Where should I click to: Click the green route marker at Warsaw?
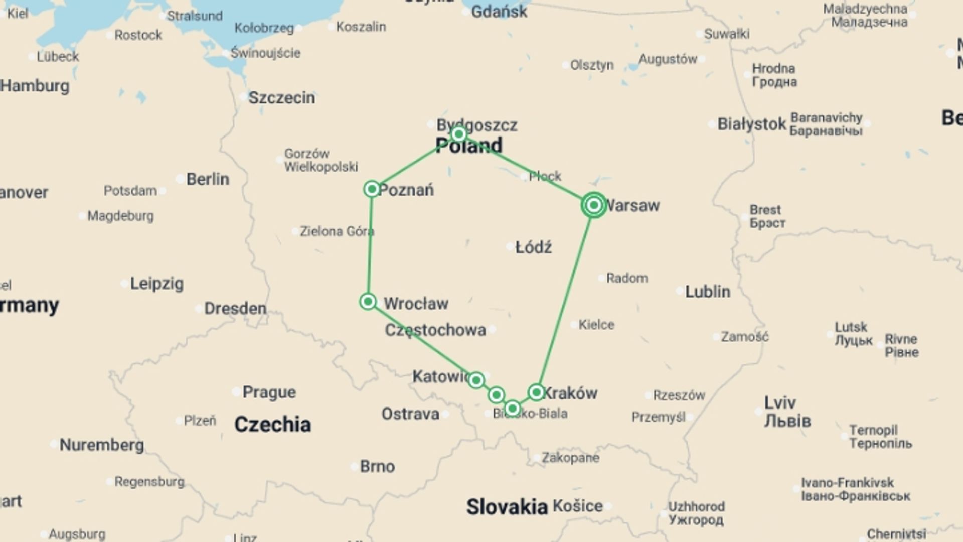click(594, 205)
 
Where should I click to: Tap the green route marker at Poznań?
click(372, 189)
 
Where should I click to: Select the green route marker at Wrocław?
click(368, 302)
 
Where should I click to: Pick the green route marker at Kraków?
click(536, 392)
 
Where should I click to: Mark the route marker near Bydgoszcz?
click(458, 134)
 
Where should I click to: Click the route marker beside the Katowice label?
click(476, 380)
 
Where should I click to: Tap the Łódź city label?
click(534, 247)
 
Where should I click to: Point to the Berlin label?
click(208, 179)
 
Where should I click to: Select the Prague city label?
click(269, 392)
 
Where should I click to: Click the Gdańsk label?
click(499, 11)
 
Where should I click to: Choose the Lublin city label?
click(707, 291)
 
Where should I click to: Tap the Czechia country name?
click(272, 425)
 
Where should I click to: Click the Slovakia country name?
click(507, 507)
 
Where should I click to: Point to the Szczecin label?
click(281, 97)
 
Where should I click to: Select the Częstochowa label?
click(435, 330)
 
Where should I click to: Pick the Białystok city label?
click(751, 124)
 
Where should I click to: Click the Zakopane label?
click(570, 458)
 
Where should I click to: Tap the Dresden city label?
click(235, 308)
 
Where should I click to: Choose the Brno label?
click(377, 467)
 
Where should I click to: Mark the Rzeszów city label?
click(679, 395)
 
